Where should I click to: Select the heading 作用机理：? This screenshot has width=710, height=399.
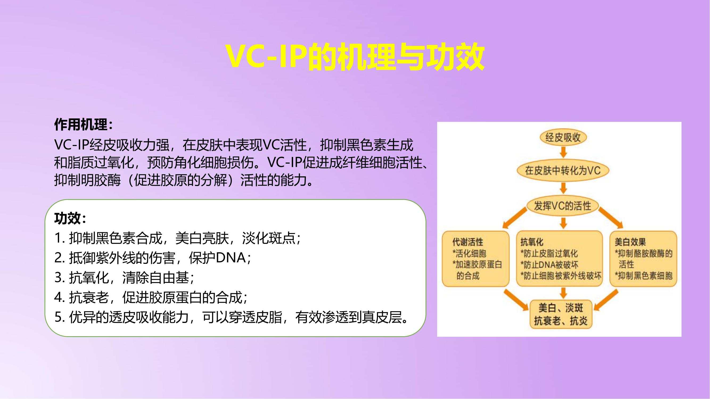coord(84,125)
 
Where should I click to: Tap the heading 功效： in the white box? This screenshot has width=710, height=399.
coord(71,218)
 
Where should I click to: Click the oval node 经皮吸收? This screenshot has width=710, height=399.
coord(563,138)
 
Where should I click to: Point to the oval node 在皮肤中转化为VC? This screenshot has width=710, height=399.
coord(563,171)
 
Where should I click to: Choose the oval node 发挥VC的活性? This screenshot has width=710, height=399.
coord(563,206)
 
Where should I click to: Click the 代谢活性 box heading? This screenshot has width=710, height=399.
coord(468,242)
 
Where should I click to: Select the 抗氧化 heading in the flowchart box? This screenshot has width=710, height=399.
coord(532,242)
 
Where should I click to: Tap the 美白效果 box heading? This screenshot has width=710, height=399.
coord(630,242)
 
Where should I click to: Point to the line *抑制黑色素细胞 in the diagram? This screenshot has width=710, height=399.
coord(643,276)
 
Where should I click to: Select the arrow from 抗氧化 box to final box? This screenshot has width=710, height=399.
coord(563,293)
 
